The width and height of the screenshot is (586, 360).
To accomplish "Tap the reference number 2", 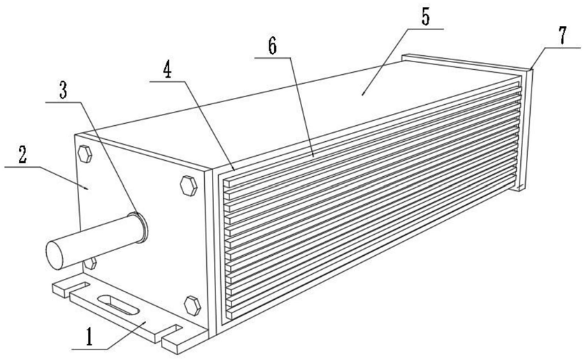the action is click(23, 155).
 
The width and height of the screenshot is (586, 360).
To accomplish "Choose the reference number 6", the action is click(272, 45).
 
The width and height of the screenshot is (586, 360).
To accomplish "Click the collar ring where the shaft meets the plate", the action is click(140, 226).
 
